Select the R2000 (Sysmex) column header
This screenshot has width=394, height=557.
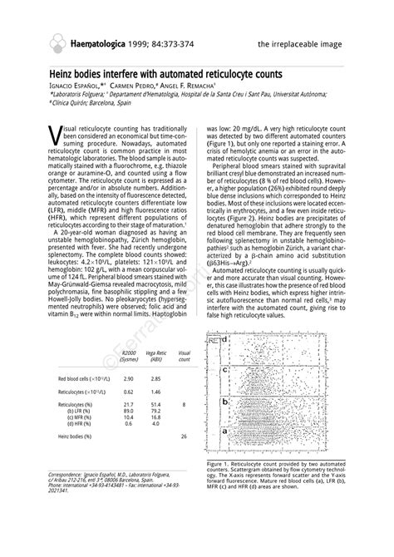[x=129, y=357]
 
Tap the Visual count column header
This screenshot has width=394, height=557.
[x=185, y=357]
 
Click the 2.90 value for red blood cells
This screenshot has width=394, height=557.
[x=128, y=378]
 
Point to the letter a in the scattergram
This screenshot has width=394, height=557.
[x=224, y=431]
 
